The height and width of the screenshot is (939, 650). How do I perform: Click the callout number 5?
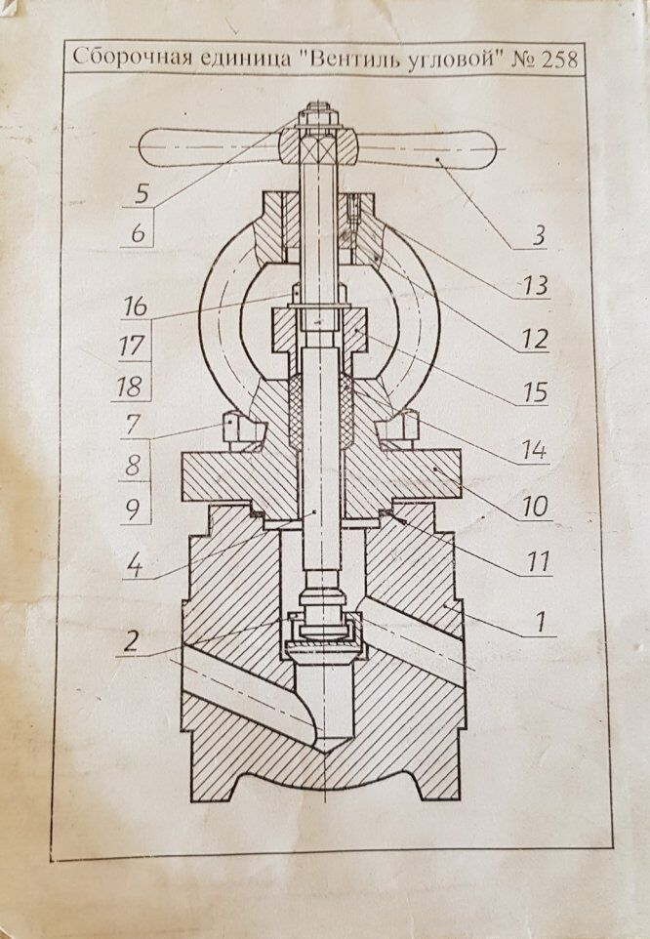[142, 191]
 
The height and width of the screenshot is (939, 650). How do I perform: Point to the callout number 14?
[533, 451]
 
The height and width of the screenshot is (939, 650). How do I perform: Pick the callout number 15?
[533, 393]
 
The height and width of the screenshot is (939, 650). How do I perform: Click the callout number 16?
[135, 306]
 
